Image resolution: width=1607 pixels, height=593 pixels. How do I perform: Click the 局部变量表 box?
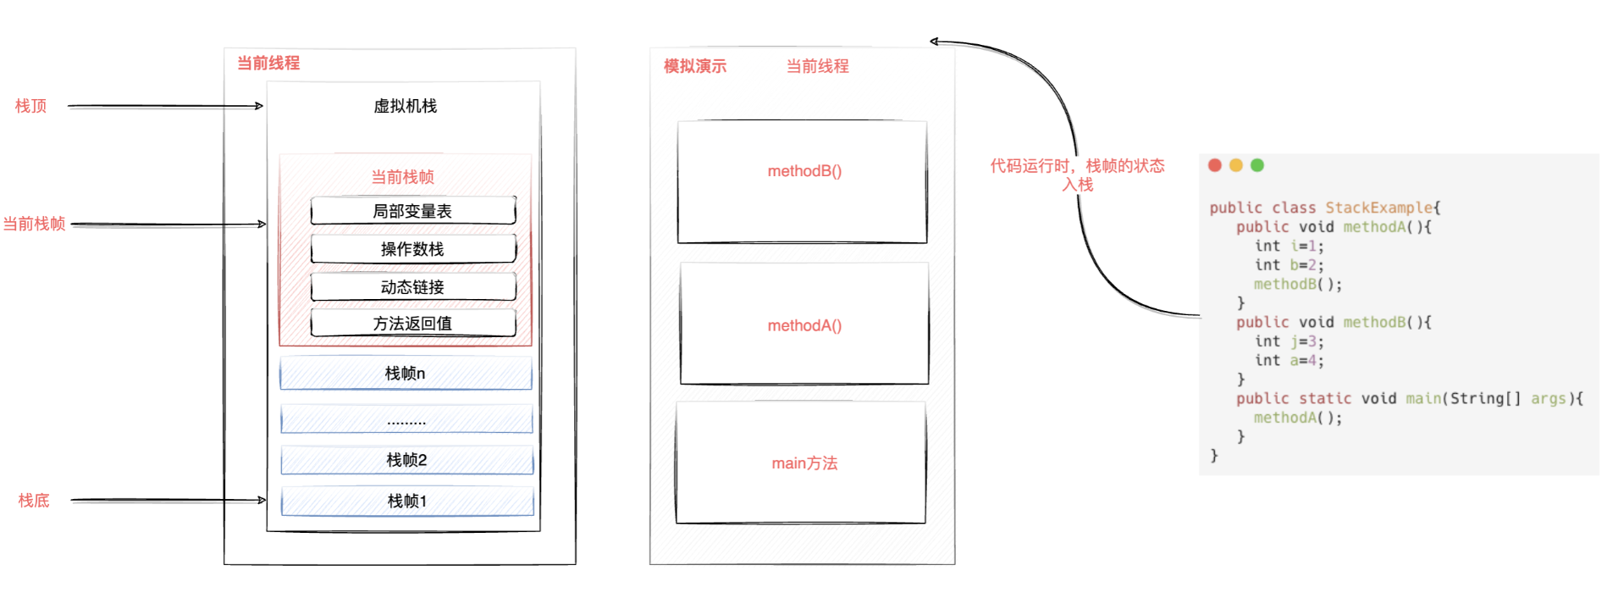click(412, 211)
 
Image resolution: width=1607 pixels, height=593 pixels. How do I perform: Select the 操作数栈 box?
click(412, 249)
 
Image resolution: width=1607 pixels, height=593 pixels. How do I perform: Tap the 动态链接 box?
click(412, 287)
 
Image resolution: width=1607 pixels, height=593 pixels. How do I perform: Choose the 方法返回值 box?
click(412, 324)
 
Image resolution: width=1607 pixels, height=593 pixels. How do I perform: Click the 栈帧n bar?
click(406, 374)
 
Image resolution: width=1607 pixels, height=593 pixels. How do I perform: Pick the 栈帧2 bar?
click(406, 460)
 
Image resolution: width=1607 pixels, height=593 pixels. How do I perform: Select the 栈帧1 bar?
click(406, 502)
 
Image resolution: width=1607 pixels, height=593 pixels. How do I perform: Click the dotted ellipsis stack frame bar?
click(406, 419)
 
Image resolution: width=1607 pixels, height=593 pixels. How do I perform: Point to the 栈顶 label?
click(31, 106)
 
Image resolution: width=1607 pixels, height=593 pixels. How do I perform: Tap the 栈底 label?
click(34, 501)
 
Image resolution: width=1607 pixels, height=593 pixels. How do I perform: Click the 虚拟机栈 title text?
click(406, 106)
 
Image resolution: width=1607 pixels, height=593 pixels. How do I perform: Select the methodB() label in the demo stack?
click(804, 171)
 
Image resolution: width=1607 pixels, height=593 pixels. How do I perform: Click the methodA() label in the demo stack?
click(804, 325)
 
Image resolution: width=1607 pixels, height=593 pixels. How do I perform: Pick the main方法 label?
click(804, 463)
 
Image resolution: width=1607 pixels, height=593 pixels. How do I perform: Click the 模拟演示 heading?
click(695, 66)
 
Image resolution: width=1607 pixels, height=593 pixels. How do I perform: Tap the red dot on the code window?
click(1215, 165)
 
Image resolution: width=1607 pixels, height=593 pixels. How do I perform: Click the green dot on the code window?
click(1257, 165)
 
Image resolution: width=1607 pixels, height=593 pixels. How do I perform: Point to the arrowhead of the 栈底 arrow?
click(262, 501)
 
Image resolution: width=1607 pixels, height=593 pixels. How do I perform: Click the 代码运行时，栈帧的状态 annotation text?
click(1077, 166)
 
